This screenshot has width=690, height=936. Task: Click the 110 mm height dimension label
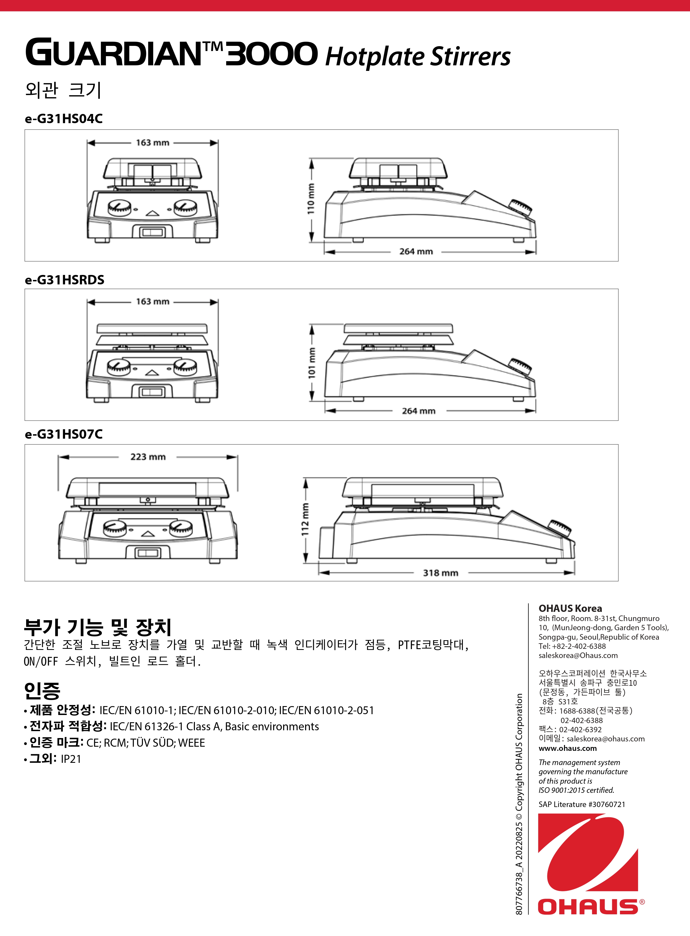311,199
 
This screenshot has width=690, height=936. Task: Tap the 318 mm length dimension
440,573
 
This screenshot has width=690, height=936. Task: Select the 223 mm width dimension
148,457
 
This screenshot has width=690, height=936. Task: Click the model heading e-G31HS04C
63,119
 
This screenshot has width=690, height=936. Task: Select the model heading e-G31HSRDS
64,280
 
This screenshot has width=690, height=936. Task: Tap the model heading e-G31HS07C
63,434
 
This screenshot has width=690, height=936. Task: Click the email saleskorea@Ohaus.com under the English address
578,656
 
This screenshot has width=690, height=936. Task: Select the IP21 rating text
71,759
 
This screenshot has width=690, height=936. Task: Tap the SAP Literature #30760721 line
582,804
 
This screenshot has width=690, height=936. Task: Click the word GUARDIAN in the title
113,53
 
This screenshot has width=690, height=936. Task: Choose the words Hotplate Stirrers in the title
418,57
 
